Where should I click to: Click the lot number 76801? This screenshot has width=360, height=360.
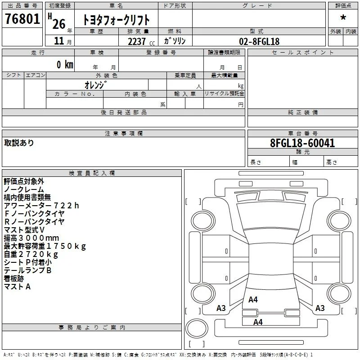(22, 18)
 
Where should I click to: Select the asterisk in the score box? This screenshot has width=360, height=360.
(343, 18)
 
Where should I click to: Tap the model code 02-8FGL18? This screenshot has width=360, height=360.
(259, 41)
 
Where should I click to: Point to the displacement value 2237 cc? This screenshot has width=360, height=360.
(141, 41)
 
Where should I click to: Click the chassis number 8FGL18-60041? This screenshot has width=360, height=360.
(302, 143)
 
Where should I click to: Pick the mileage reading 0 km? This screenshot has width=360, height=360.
(65, 64)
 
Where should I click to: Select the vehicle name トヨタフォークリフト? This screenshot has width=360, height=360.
(116, 20)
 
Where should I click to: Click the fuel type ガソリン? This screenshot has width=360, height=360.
(175, 41)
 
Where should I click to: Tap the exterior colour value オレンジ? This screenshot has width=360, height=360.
(96, 85)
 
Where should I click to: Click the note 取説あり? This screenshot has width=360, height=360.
(19, 143)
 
